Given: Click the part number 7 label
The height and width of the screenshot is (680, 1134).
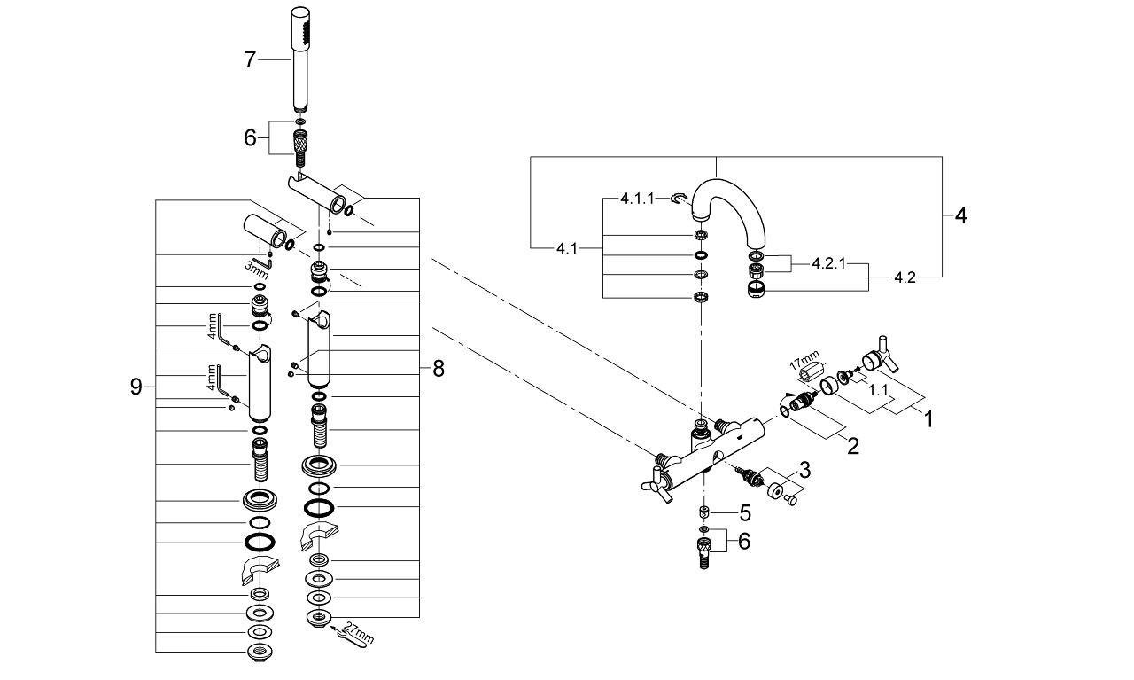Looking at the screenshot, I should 250,59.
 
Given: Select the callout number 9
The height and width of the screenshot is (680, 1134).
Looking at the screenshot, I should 136,387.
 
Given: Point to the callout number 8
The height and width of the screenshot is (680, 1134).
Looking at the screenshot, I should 439,369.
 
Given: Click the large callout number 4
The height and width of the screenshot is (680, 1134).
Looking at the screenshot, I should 960,215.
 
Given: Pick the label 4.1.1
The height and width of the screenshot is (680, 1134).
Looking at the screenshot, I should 637,199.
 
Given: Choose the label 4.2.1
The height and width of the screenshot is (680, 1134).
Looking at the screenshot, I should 830,263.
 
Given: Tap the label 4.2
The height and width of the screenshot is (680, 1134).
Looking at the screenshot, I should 905,277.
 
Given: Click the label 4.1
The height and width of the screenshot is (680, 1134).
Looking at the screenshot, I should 567,249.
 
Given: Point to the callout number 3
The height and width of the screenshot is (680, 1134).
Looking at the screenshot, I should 804,469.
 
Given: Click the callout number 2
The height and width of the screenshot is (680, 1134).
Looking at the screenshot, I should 852,445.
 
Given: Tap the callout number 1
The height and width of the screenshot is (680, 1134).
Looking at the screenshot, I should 928,418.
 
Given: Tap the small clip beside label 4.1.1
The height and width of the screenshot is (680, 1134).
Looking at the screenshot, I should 679,199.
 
